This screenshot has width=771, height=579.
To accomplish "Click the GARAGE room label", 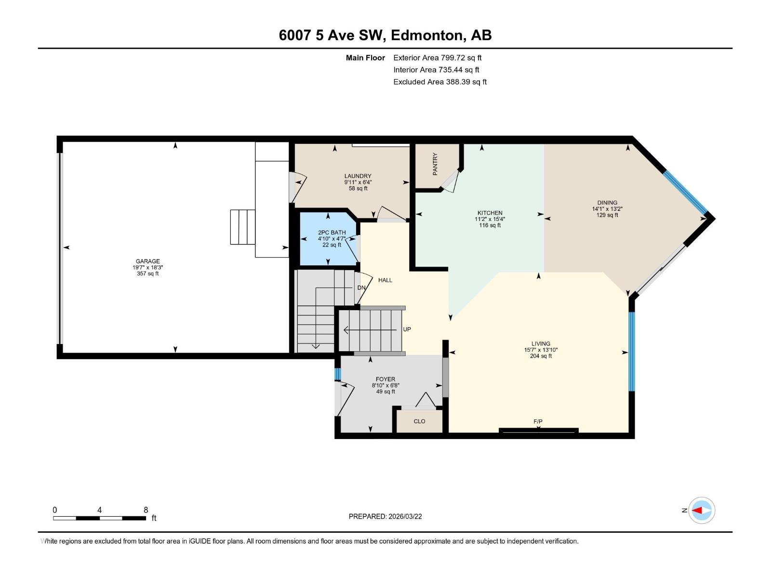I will (x=147, y=262).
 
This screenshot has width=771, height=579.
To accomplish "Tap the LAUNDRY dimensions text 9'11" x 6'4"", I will (x=358, y=182).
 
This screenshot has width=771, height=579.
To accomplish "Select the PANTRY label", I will (x=435, y=164).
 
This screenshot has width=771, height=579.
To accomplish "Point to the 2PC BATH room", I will (x=329, y=239).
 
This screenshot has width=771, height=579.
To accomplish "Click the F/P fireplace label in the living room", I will (x=538, y=421).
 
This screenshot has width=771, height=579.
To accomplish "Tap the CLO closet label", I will (x=419, y=421).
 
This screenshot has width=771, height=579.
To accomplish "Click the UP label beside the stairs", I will (x=407, y=329).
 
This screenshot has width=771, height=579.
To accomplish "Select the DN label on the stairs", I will (x=361, y=288).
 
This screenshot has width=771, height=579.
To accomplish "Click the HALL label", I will (x=385, y=280).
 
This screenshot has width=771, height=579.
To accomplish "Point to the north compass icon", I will (x=701, y=510).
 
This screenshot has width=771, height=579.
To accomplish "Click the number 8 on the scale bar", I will (x=146, y=510).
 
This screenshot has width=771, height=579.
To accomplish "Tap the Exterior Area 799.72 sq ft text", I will (x=437, y=58).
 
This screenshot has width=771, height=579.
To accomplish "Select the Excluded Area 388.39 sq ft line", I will (x=439, y=82).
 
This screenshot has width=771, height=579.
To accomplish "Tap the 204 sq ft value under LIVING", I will (x=541, y=356).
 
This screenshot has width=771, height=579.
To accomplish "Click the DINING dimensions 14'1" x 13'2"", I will (x=607, y=209).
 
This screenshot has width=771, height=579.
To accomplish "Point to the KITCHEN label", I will (x=490, y=213).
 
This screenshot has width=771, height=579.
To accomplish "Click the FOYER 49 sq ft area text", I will (x=385, y=392).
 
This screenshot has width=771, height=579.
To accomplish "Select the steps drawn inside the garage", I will (x=242, y=227).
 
